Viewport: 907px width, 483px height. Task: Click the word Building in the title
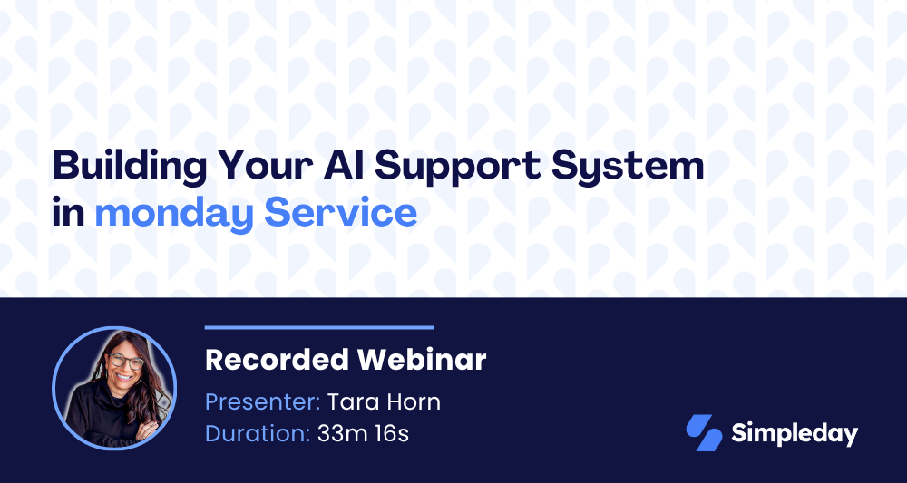(x=130, y=167)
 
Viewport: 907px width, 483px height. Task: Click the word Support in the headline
(x=459, y=168)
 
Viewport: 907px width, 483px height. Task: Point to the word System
(x=627, y=168)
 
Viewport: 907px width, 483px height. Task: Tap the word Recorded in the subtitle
(x=277, y=360)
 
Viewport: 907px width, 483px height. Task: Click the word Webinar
(x=422, y=360)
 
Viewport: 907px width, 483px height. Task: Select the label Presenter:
(x=263, y=402)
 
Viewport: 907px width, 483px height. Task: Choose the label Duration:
(x=258, y=434)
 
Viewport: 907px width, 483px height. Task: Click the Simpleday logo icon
(x=704, y=433)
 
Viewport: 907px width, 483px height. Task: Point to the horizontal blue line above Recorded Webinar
(x=319, y=327)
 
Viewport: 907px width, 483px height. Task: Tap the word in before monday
(x=68, y=212)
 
